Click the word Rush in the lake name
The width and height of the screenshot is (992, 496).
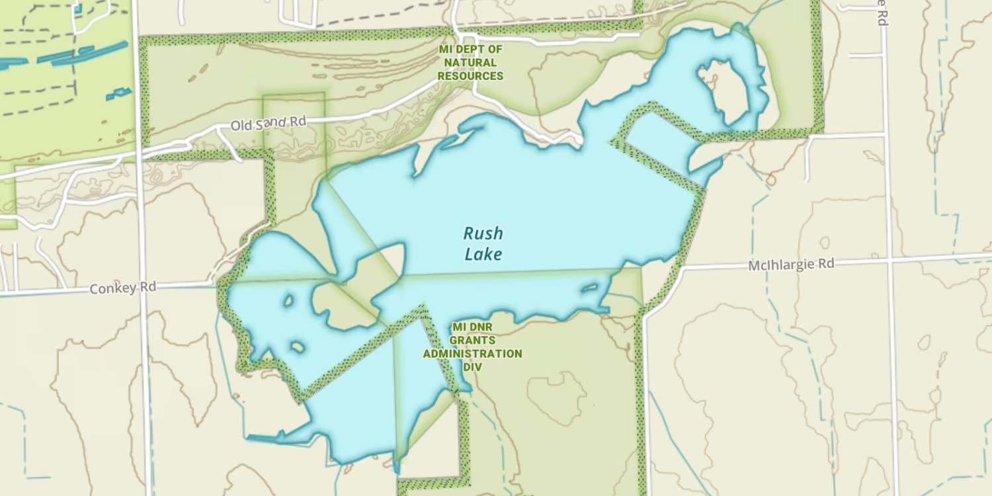coord(483,233)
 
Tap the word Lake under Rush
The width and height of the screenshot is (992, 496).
coord(483,254)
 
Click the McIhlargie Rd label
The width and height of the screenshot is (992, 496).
coord(791,265)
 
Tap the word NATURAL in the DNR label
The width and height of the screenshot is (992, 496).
coord(470,63)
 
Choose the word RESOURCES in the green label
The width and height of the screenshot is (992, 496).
coord(470,76)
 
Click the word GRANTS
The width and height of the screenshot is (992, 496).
coord(472,340)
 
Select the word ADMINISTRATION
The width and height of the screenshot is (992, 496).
coord(472,353)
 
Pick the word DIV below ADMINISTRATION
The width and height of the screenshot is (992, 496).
coord(472,366)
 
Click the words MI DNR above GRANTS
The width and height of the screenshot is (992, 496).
coord(472,327)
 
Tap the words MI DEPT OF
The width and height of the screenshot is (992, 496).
coord(470,50)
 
